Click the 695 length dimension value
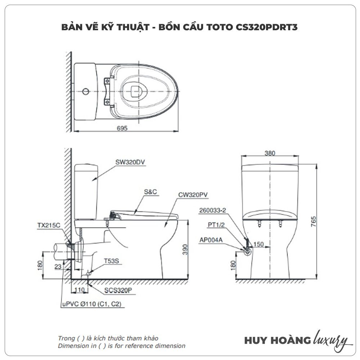tap(122, 129)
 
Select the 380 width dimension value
tap(270, 153)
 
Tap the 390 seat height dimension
tap(184, 249)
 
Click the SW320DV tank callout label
tap(130, 162)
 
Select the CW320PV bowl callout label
tap(193, 195)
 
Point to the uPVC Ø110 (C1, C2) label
tap(92, 304)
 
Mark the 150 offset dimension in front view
tap(259, 244)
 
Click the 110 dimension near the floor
tap(80, 289)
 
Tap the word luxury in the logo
tap(331, 340)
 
